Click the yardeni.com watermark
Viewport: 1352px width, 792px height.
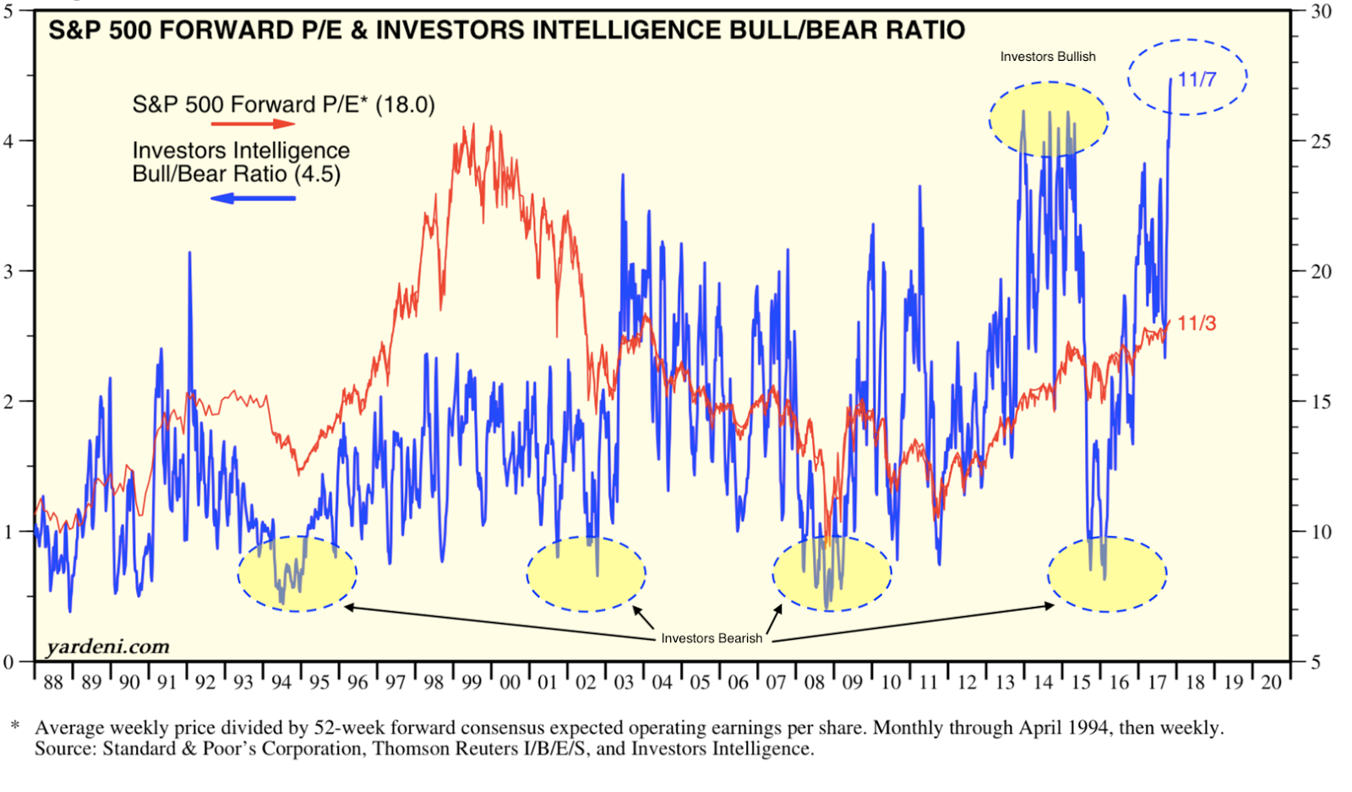[107, 647]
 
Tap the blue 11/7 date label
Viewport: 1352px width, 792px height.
[1197, 79]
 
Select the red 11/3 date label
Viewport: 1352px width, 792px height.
[1197, 323]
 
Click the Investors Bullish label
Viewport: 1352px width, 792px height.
[1048, 57]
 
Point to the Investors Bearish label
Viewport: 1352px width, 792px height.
[711, 638]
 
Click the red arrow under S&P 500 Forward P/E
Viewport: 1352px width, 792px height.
[253, 124]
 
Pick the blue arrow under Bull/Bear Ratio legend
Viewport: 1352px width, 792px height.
[253, 199]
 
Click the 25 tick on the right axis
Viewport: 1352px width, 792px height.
[1321, 141]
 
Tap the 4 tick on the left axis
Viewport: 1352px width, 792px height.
[8, 141]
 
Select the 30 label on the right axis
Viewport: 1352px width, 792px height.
[1321, 12]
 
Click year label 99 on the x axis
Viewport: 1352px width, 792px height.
[472, 683]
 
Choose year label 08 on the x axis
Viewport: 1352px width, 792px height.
[814, 683]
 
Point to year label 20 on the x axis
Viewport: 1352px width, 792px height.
[1271, 683]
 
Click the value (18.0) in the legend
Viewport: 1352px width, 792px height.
[405, 105]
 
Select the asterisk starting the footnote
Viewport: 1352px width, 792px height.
[14, 726]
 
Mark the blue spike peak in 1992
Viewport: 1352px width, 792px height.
[189, 253]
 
